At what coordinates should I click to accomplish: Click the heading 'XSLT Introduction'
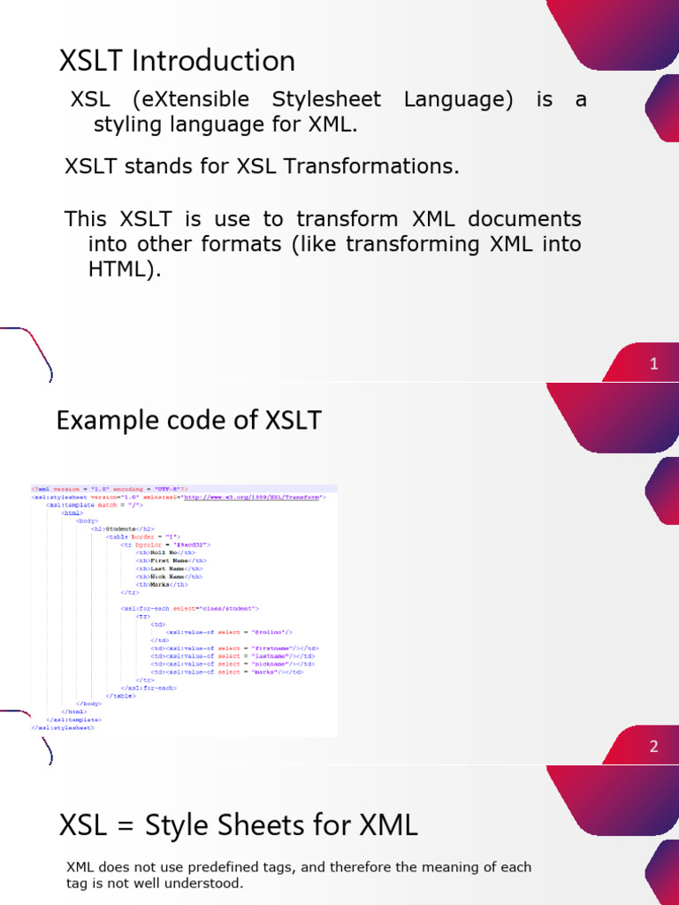(177, 61)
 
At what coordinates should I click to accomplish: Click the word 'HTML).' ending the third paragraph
(125, 270)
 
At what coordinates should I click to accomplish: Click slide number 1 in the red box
(653, 363)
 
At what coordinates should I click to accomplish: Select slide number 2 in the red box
(653, 746)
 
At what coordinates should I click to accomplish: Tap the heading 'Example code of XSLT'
(188, 421)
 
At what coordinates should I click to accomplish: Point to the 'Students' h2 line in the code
(121, 529)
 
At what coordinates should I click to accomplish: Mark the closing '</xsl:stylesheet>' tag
(62, 727)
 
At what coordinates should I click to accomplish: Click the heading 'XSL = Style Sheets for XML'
(238, 825)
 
